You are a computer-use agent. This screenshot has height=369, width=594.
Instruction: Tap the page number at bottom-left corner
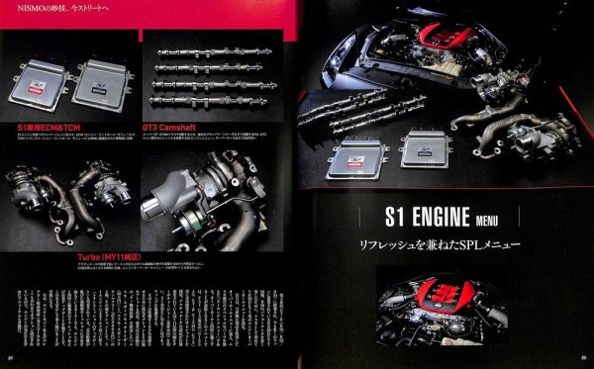point(9,359)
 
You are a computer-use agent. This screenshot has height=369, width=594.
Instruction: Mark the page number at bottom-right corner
point(584,359)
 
